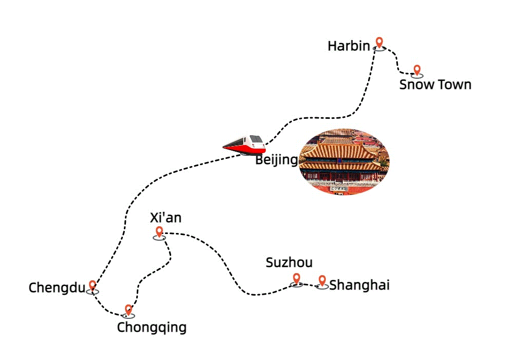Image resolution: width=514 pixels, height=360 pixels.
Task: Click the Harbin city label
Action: pyautogui.click(x=349, y=46)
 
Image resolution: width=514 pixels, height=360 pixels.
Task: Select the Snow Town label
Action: pyautogui.click(x=435, y=84)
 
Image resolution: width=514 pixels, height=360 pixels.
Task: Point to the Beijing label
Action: pyautogui.click(x=277, y=160)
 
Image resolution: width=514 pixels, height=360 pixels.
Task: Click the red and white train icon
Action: pyautogui.click(x=244, y=145)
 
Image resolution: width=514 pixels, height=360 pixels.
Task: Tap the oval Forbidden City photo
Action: pyautogui.click(x=344, y=161)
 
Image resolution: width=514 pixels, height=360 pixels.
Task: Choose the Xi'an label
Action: pyautogui.click(x=166, y=218)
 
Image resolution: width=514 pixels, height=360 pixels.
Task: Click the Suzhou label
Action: pyautogui.click(x=289, y=263)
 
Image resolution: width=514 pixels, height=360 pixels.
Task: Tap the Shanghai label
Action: pyautogui.click(x=360, y=285)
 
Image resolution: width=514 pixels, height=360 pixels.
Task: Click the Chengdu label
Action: pyautogui.click(x=57, y=288)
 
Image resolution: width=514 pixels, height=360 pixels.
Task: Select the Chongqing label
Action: pyautogui.click(x=152, y=328)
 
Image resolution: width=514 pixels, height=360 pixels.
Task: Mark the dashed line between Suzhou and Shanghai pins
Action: pyautogui.click(x=309, y=285)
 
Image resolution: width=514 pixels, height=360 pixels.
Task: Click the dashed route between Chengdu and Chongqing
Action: pyautogui.click(x=105, y=308)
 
